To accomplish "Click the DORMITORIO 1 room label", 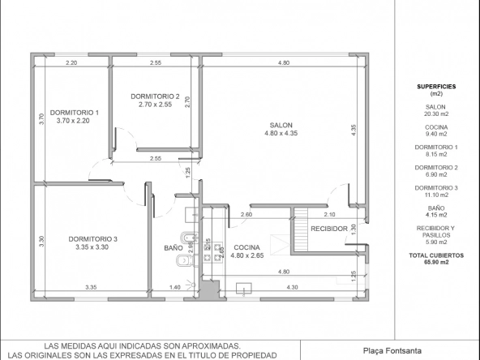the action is tap(75, 113).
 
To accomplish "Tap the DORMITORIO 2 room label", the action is tap(155, 96).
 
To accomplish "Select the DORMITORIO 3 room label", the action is tap(92, 239).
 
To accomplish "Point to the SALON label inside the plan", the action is tap(281, 125).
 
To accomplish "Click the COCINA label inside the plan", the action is tap(246, 247).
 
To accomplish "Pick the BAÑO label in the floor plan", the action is tap(174, 248).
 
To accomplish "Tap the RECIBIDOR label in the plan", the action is tap(329, 229).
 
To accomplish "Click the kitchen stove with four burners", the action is tap(212, 252).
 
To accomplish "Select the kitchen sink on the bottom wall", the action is tap(244, 289).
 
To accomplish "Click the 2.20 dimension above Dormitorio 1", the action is tap(71, 62).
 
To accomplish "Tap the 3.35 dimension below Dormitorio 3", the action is tap(91, 287).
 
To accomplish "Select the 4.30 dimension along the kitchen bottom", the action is tap(292, 287).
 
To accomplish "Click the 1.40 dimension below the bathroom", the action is tap(175, 287).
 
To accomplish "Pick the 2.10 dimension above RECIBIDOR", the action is tap(329, 214).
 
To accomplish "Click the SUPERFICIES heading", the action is tap(436, 87).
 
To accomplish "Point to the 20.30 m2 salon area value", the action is tap(436, 114).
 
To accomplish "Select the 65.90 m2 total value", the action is tap(436, 262).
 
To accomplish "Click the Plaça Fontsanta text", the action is tap(392, 351).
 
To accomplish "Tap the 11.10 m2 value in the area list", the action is tap(436, 195).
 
